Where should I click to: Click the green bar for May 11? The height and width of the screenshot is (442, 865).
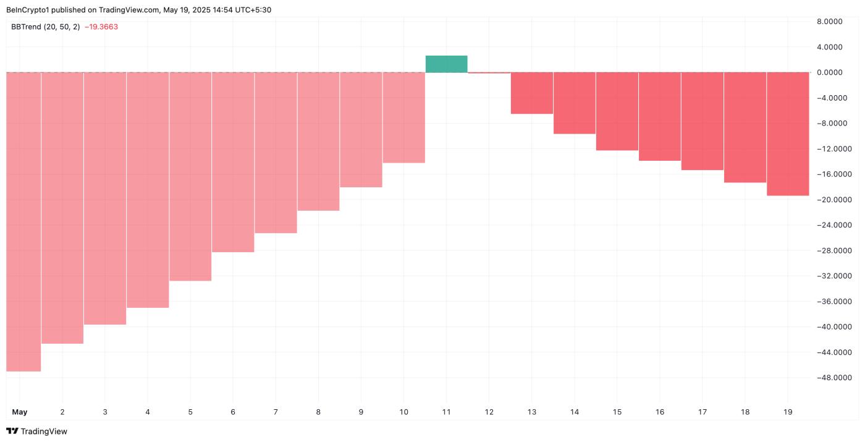(x=446, y=64)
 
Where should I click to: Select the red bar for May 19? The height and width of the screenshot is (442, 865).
(x=788, y=134)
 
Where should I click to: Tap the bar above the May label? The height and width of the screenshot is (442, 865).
(x=23, y=221)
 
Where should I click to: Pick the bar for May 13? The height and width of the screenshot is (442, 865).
(x=531, y=93)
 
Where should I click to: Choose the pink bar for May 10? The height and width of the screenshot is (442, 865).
(x=403, y=117)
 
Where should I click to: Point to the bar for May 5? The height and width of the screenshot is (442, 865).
(x=190, y=176)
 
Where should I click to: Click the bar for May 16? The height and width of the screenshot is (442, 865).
(x=659, y=116)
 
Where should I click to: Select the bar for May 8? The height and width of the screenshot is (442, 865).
(x=318, y=141)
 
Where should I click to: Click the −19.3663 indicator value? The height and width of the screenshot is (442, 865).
(x=101, y=27)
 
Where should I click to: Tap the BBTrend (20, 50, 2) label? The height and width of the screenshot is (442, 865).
(x=45, y=27)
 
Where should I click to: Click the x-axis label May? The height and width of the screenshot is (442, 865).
(x=20, y=412)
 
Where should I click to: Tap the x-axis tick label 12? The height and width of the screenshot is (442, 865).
(x=488, y=412)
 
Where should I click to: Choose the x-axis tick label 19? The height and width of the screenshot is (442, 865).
(x=787, y=412)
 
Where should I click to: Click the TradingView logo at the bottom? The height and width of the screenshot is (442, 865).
(x=36, y=431)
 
